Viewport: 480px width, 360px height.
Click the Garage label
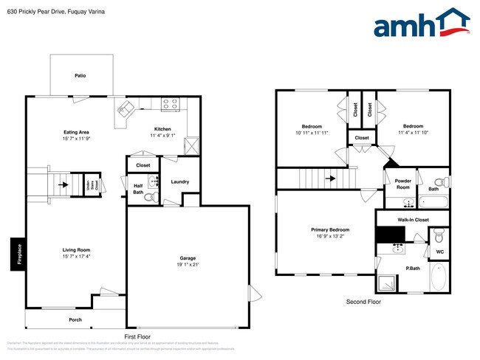[188, 258]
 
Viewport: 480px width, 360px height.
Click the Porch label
[75, 319]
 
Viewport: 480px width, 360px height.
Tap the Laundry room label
[179, 181]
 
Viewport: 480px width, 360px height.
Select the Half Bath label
[138, 189]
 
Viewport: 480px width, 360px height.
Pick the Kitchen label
[162, 128]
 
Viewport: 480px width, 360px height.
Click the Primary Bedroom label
[329, 229]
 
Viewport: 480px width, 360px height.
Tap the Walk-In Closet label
[413, 219]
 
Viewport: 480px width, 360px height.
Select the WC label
[439, 252]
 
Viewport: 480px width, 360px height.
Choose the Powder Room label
[402, 183]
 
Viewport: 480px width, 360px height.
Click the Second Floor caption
[363, 302]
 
